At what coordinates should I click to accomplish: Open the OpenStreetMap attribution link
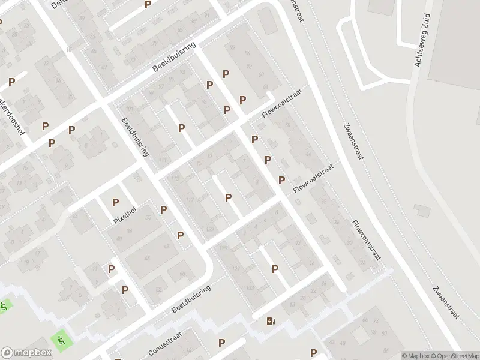(x=455, y=356)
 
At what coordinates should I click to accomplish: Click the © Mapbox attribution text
(x=415, y=356)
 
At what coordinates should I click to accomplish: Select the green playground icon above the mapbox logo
(x=60, y=340)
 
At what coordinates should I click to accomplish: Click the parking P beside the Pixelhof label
(x=115, y=203)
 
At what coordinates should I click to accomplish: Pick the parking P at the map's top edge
(x=148, y=5)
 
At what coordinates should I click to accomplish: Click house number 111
(x=163, y=159)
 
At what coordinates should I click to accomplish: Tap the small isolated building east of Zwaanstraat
(x=422, y=211)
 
